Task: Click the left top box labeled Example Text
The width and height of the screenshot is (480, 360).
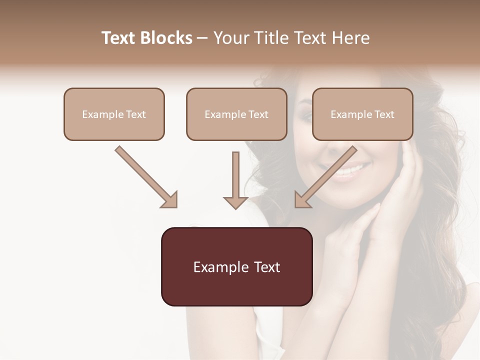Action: pyautogui.click(x=114, y=114)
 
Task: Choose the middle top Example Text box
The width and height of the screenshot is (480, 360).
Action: pyautogui.click(x=236, y=114)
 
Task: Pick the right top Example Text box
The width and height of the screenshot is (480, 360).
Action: pyautogui.click(x=362, y=114)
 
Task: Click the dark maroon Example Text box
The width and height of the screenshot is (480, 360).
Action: pyautogui.click(x=236, y=266)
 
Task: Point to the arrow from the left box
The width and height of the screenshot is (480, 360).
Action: pyautogui.click(x=145, y=176)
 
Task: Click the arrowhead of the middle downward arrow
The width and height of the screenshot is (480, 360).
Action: pyautogui.click(x=235, y=201)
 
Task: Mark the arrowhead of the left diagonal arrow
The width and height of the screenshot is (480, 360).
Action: pyautogui.click(x=170, y=200)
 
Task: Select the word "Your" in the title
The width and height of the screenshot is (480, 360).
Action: pyautogui.click(x=231, y=38)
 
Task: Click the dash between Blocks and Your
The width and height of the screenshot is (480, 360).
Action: pyautogui.click(x=202, y=38)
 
